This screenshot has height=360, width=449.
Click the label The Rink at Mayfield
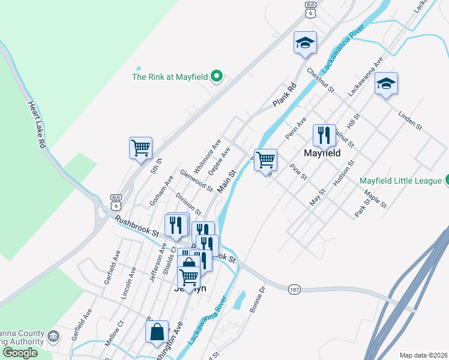[x=170, y=77]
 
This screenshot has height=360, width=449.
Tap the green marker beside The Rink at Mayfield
[x=218, y=76]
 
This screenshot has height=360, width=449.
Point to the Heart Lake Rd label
[x=36, y=124]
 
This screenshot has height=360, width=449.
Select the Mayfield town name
[x=322, y=153]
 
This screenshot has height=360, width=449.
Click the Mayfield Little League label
[x=400, y=181]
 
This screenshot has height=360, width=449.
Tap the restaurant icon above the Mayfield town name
[x=324, y=136]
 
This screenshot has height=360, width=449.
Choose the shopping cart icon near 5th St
[x=140, y=148]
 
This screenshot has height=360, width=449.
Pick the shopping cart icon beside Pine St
[x=265, y=160]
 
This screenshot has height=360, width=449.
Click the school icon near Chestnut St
[x=305, y=43]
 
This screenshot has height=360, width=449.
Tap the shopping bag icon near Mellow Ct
[x=157, y=332]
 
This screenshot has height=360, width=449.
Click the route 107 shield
[x=294, y=289]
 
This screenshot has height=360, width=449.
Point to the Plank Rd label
[x=285, y=95]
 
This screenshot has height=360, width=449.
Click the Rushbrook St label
[x=137, y=226]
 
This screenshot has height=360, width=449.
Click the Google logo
[x=20, y=352]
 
